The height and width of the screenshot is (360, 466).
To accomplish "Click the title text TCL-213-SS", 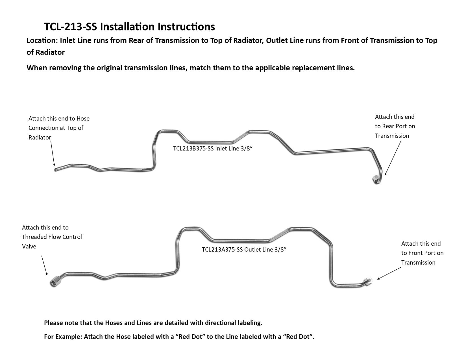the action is pos(71,27).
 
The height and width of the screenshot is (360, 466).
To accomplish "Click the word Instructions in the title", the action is pos(186,27).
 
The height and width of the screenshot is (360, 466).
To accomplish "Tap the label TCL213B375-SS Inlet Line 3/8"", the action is pos(213,148).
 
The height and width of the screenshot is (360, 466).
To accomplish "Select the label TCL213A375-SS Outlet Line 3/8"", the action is pos(244,249).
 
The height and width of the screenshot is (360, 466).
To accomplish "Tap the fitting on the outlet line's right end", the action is pos(368,280).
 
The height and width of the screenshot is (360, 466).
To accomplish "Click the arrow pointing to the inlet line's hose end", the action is pos(53,153).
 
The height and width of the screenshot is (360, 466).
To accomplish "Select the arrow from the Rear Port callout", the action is pos(393,158).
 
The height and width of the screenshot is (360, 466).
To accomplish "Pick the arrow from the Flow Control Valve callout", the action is pos(44,265).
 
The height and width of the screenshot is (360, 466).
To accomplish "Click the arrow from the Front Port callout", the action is pos(389,273).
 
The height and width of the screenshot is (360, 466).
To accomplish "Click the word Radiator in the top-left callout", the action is pos(40,138).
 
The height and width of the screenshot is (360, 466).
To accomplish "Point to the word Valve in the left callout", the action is pos(29,246).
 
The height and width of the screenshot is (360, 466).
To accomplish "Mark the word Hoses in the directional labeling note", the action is pos(114,323).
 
